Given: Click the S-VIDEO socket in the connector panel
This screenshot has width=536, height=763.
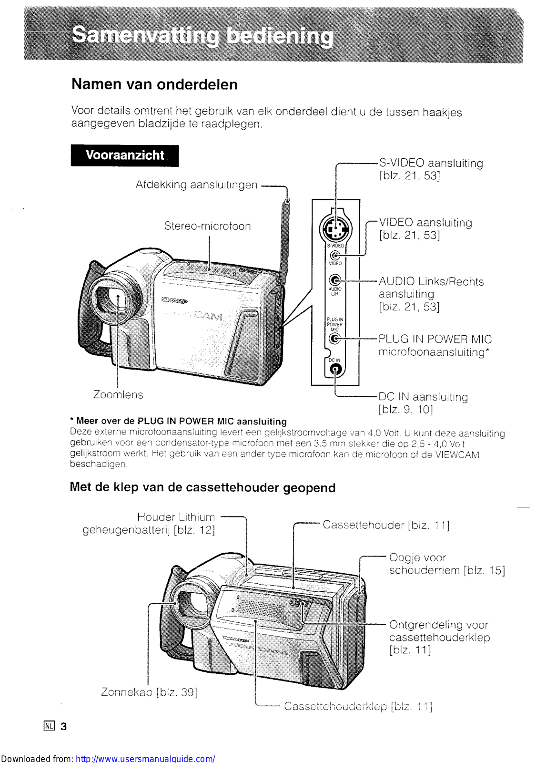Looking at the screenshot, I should click(x=335, y=229).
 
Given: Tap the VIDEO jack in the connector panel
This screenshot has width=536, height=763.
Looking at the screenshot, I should click(x=335, y=256).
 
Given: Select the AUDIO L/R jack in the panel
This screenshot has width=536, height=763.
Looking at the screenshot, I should click(x=335, y=280).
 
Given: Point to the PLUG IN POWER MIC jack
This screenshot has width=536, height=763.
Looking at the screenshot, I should click(x=335, y=339).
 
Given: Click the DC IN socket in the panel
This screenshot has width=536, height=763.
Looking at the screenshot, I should click(x=336, y=370).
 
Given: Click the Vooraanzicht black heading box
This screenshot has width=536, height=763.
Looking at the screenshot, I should click(x=125, y=155).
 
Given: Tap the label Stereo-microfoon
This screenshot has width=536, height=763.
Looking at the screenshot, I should click(x=207, y=226).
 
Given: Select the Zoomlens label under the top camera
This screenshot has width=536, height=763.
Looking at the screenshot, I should click(x=118, y=395).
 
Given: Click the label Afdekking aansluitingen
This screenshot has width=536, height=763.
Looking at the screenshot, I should click(x=196, y=185).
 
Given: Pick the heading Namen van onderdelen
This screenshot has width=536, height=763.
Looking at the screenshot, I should click(x=154, y=84).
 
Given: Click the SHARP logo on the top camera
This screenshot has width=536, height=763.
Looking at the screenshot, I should click(x=174, y=300).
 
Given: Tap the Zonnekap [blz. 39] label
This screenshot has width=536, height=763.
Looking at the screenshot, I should click(x=149, y=692).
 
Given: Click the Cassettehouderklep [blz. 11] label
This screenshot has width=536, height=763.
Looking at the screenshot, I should click(x=358, y=706).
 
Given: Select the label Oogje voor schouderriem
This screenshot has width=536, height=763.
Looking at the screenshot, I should click(x=446, y=564).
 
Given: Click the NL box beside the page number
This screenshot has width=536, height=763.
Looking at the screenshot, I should click(x=49, y=726).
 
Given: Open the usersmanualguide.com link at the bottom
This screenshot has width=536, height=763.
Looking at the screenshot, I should click(x=145, y=758).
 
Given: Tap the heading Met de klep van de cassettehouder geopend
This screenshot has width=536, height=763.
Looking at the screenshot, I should click(x=202, y=487).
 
